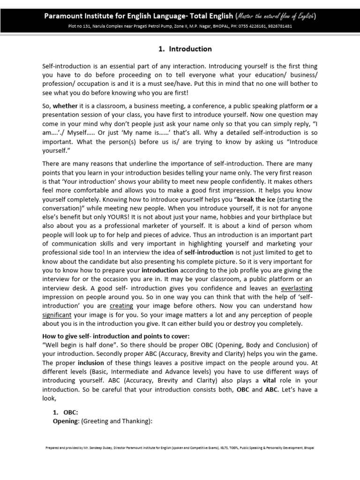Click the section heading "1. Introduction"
tap(180, 49)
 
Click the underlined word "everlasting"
tap(294, 288)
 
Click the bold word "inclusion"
tap(91, 363)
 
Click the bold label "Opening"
tap(65, 420)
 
